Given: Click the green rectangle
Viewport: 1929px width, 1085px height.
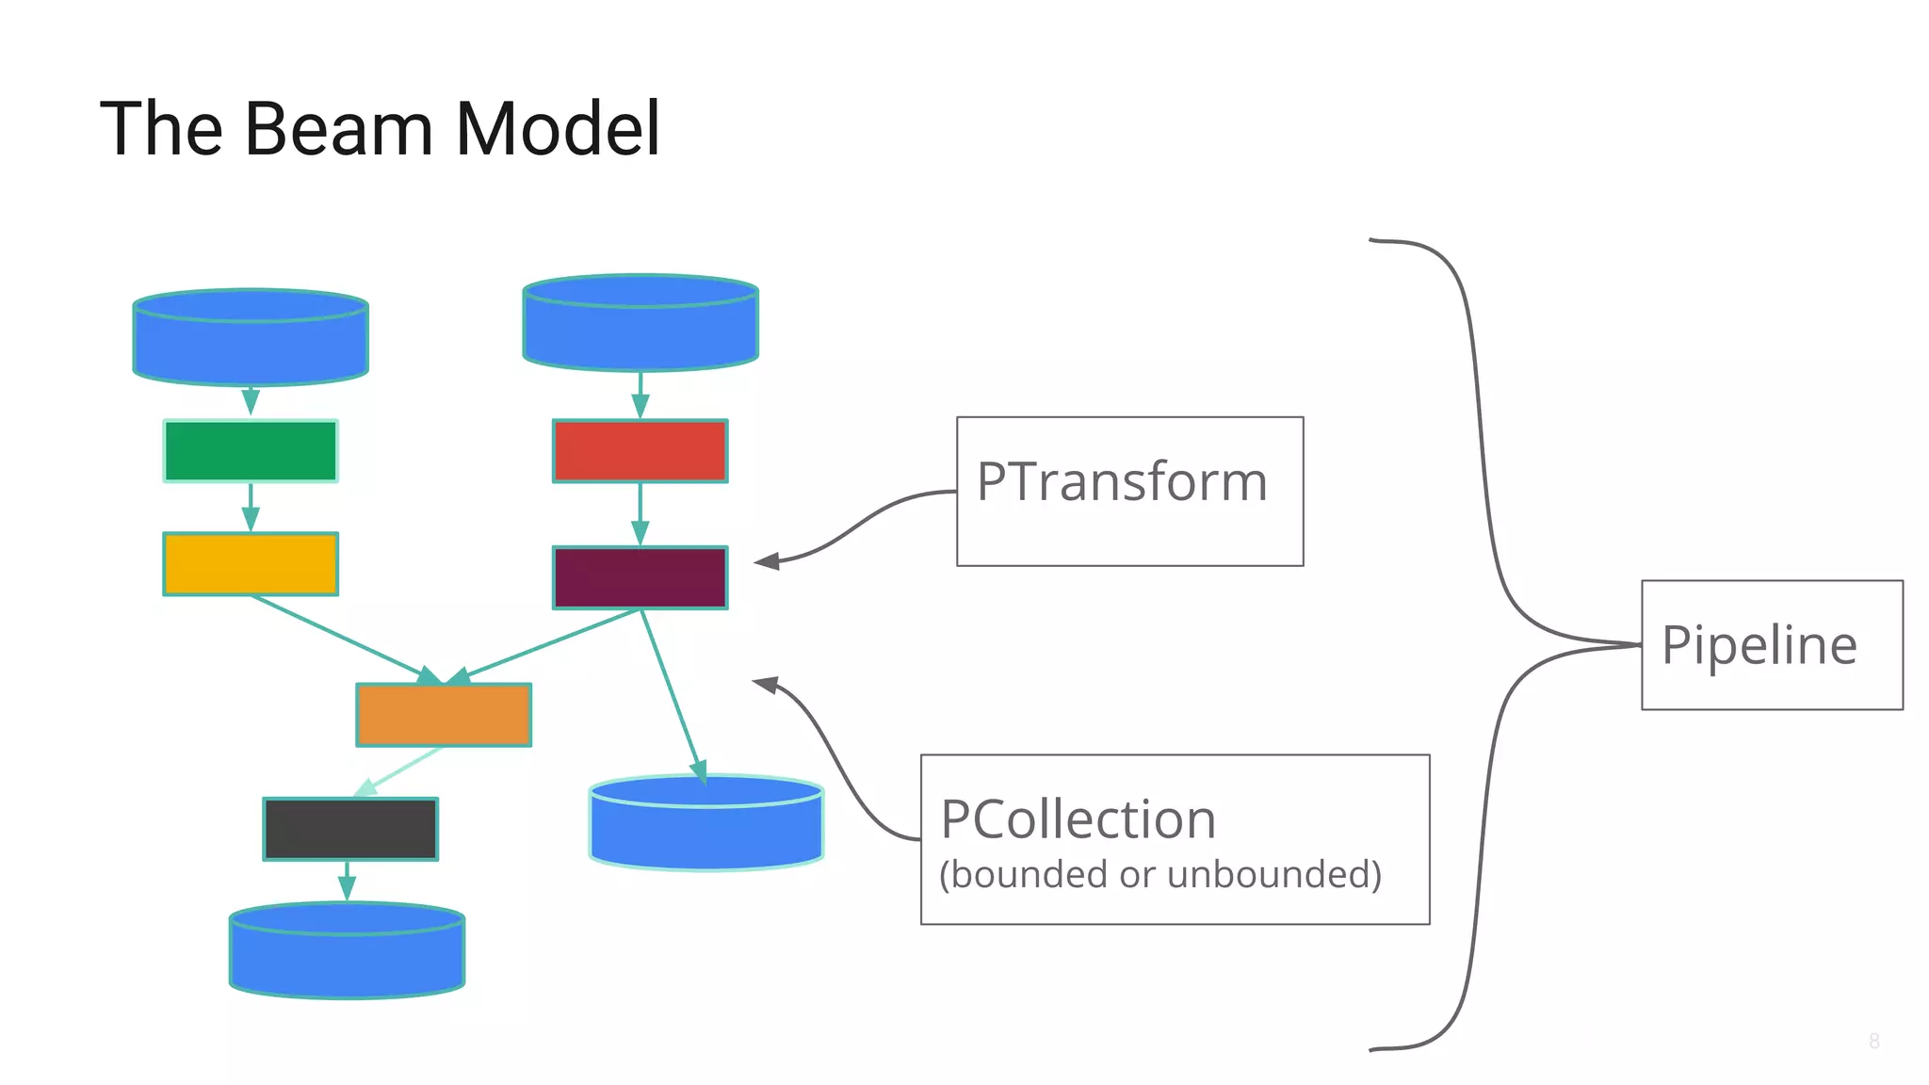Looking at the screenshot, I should pyautogui.click(x=251, y=451).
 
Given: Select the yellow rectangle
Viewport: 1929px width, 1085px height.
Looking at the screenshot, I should pyautogui.click(x=251, y=563).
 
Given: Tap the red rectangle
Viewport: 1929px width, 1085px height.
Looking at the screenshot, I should pyautogui.click(x=640, y=451).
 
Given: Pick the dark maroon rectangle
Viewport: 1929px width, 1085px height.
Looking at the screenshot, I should pyautogui.click(x=640, y=577).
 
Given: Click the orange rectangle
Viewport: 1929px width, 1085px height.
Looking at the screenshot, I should pyautogui.click(x=444, y=715).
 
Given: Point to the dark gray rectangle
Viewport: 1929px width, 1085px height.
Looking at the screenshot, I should pyautogui.click(x=350, y=829).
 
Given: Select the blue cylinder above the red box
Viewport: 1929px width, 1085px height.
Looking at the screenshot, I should pyautogui.click(x=640, y=324).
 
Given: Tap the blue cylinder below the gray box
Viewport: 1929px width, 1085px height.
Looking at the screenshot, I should pyautogui.click(x=347, y=952).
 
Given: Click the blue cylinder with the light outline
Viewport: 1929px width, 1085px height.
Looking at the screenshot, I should pyautogui.click(x=706, y=824).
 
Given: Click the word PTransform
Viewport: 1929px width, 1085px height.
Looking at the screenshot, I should pyautogui.click(x=1122, y=482).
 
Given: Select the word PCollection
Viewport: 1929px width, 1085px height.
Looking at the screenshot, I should pyautogui.click(x=1078, y=818).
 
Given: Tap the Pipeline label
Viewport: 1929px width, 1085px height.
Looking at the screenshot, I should pyautogui.click(x=1759, y=645).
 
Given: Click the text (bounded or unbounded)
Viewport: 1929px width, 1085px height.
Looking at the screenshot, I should pyautogui.click(x=1160, y=874).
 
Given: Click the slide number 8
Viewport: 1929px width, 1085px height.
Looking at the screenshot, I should pyautogui.click(x=1873, y=1041).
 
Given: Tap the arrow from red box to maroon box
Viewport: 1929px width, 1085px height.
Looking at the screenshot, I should pyautogui.click(x=640, y=514).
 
